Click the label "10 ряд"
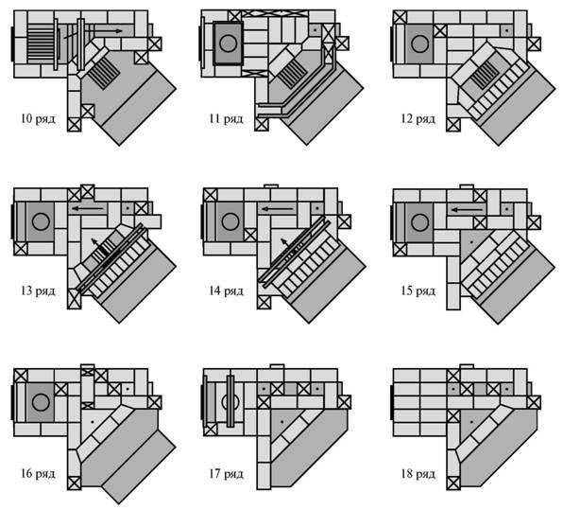[x=38, y=118]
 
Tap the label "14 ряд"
[x=226, y=290]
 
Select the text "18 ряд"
[x=418, y=474]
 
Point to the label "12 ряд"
[x=418, y=118]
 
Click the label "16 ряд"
[x=38, y=473]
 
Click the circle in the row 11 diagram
[x=228, y=44]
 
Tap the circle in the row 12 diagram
[x=419, y=44]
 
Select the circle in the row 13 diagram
[x=41, y=221]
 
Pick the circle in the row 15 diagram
[x=419, y=222]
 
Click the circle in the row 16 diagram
[x=41, y=402]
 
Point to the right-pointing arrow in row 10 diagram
[x=109, y=31]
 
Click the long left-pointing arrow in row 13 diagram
[x=87, y=208]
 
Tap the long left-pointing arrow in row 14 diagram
[x=278, y=208]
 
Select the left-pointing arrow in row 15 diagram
[x=468, y=209]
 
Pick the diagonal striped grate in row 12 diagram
[x=486, y=75]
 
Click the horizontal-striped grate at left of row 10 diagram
[x=41, y=42]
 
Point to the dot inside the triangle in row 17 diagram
[x=282, y=421]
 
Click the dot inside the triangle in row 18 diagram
[x=471, y=421]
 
